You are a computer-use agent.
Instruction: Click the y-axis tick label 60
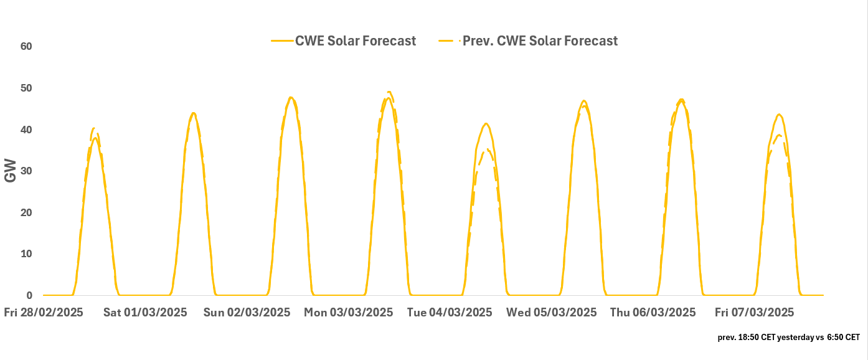pyautogui.click(x=26, y=47)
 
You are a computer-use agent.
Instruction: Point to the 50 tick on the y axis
pyautogui.click(x=26, y=88)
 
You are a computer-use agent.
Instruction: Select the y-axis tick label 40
pyautogui.click(x=26, y=130)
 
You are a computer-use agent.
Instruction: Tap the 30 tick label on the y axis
pyautogui.click(x=26, y=171)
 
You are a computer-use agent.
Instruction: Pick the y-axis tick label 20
pyautogui.click(x=26, y=212)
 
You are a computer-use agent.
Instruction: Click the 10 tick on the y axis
pyautogui.click(x=26, y=254)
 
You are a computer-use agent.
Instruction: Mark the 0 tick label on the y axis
pyautogui.click(x=29, y=295)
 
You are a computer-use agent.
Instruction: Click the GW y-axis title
pyautogui.click(x=11, y=171)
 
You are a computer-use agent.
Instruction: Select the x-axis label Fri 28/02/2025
pyautogui.click(x=46, y=313)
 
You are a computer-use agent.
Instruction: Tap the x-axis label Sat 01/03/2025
pyautogui.click(x=145, y=313)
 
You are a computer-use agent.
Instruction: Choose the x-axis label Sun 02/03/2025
pyautogui.click(x=247, y=313)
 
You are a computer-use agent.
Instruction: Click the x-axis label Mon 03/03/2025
pyautogui.click(x=348, y=313)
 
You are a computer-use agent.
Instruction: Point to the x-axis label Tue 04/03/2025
pyautogui.click(x=450, y=313)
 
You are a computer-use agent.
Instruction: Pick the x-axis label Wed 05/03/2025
pyautogui.click(x=551, y=313)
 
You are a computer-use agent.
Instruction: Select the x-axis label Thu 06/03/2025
pyautogui.click(x=653, y=313)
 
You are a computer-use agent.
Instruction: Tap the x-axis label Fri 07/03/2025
pyautogui.click(x=754, y=313)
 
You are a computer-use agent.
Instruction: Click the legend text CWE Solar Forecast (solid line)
pyautogui.click(x=356, y=41)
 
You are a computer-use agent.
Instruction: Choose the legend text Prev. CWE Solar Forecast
pyautogui.click(x=540, y=41)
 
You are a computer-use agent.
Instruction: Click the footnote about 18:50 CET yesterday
pyautogui.click(x=788, y=337)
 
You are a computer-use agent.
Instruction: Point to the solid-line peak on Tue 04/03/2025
pyautogui.click(x=486, y=123)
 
